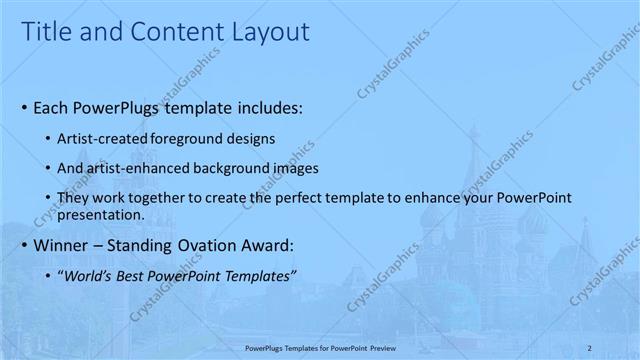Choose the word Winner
tap(63, 244)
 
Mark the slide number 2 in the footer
tap(590, 347)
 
